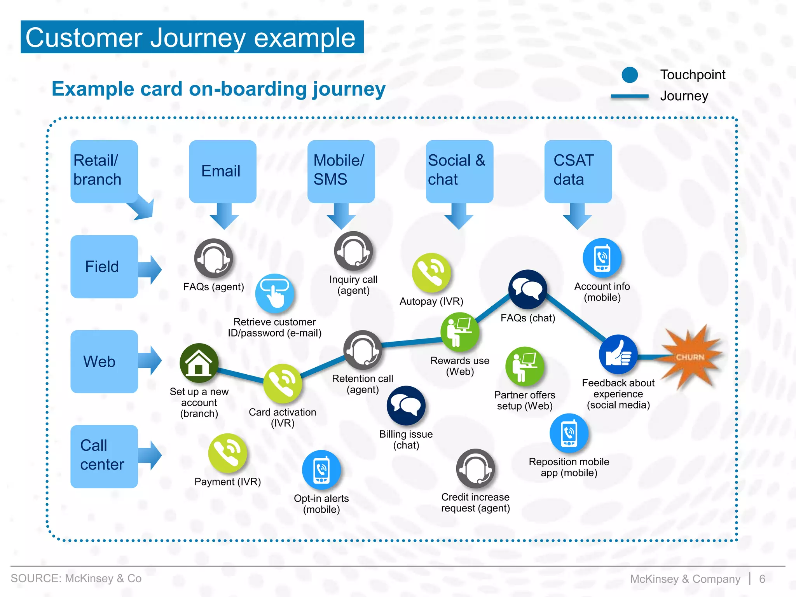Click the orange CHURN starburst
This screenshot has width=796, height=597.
pyautogui.click(x=690, y=356)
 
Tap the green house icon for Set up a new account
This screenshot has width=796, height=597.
pyautogui.click(x=199, y=363)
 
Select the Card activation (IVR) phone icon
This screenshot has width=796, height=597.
pyautogui.click(x=283, y=383)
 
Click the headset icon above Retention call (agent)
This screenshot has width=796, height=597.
pyautogui.click(x=363, y=350)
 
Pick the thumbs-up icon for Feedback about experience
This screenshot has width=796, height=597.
pyautogui.click(x=618, y=354)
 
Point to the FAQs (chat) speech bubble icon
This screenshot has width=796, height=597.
pyautogui.click(x=527, y=289)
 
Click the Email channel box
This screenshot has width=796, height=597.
pyautogui.click(x=222, y=171)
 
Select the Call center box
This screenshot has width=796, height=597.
pyautogui.click(x=104, y=456)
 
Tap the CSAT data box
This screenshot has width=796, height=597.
pyautogui.click(x=578, y=171)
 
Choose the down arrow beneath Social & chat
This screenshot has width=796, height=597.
pyautogui.click(x=459, y=216)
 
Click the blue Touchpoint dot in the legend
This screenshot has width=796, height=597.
pyautogui.click(x=630, y=75)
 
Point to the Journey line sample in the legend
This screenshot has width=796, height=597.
pyautogui.click(x=630, y=96)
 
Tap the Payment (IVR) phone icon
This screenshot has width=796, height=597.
pyautogui.click(x=228, y=453)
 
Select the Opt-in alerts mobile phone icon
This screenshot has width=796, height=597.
pyautogui.click(x=321, y=470)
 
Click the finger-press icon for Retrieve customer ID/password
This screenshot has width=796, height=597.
pyautogui.click(x=274, y=293)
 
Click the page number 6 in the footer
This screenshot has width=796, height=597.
pyautogui.click(x=762, y=579)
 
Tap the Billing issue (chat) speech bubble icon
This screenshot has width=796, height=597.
pyautogui.click(x=406, y=405)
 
